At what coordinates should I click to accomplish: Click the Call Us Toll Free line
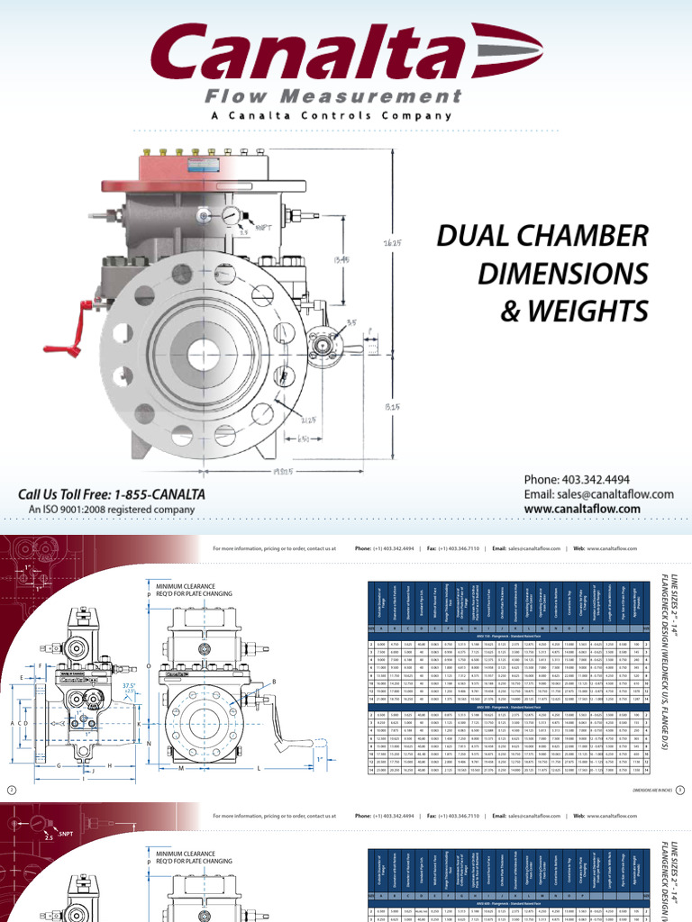(x=113, y=494)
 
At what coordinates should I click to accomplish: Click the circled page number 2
(x=12, y=790)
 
